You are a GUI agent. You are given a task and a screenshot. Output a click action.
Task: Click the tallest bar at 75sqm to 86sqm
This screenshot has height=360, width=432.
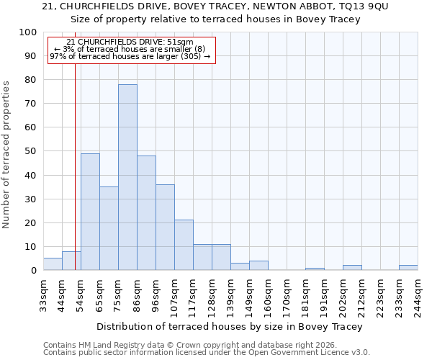coord(127,177)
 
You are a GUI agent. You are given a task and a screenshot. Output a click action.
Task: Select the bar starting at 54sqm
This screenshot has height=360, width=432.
coord(90,212)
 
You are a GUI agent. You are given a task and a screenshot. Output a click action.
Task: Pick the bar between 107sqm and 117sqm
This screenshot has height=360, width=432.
coord(184,245)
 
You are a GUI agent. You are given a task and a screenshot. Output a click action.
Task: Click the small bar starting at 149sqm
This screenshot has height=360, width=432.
coord(258,266)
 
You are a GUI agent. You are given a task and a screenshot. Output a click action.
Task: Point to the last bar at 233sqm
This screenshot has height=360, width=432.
coord(408,268)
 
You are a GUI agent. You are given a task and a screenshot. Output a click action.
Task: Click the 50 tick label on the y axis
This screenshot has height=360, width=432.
coord(31,151)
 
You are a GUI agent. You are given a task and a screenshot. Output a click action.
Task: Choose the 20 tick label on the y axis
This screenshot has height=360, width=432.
coord(31,222)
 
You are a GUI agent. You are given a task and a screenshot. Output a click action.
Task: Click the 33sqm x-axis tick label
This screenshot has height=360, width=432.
coord(43,293)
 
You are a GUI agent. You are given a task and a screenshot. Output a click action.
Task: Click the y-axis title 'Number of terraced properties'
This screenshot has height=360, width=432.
coord(6,154)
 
